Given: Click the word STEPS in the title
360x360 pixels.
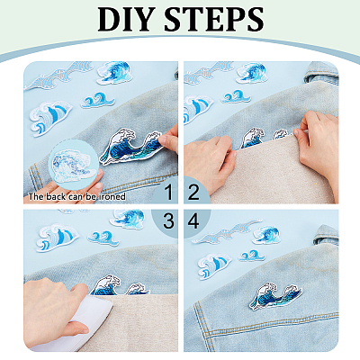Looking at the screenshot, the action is point(214,19).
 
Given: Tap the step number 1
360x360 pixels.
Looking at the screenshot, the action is point(169,193).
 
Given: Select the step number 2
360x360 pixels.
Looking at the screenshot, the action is point(193,193).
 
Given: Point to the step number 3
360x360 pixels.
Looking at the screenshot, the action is point(168,221).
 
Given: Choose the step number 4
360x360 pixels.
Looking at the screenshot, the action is point(193,221).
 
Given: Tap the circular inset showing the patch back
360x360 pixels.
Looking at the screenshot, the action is point(73,164).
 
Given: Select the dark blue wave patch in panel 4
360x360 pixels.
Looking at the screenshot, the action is point(276,296).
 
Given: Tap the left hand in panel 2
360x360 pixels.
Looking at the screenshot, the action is point(209,163).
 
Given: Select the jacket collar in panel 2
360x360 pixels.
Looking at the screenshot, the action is point(321,73).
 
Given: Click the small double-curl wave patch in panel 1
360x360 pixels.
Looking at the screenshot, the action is point(98,100).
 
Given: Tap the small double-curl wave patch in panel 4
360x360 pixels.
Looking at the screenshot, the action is point(252,256).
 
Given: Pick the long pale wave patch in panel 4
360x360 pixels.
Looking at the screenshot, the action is point(227,232).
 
